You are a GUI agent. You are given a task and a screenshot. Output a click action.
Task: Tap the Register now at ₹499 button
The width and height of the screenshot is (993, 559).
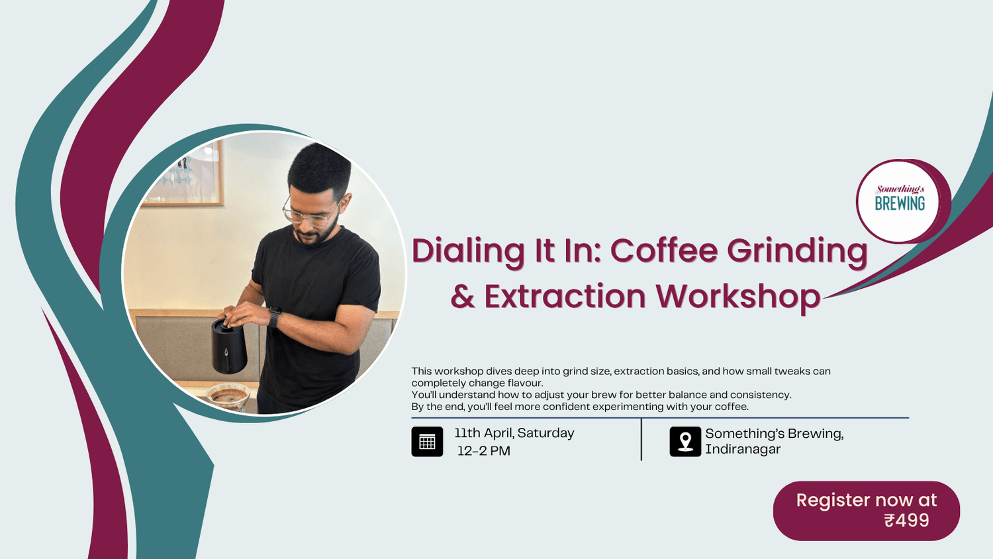tap(866, 511)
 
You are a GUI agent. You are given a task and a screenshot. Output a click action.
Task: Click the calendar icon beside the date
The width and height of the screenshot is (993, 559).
tap(427, 442)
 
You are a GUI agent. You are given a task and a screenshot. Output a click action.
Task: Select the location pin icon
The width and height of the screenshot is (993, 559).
tap(685, 442)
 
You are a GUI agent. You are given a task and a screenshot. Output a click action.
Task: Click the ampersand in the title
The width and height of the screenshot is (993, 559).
tap(463, 297)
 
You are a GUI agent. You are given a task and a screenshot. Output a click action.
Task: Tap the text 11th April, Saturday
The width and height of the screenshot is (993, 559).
tap(514, 433)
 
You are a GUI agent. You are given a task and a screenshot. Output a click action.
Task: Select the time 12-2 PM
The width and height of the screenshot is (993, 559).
tap(484, 451)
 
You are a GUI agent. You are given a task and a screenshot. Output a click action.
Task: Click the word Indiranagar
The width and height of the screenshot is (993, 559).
tap(742, 449)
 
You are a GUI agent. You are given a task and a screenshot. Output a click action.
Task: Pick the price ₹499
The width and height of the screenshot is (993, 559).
tap(906, 521)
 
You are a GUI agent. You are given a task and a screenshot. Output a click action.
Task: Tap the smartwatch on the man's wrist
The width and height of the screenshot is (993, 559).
tap(274, 317)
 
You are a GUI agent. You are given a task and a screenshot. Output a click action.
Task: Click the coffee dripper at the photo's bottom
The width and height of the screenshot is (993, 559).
tap(228, 397)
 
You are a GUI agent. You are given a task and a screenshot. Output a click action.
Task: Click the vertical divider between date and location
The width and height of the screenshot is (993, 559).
tap(641, 439)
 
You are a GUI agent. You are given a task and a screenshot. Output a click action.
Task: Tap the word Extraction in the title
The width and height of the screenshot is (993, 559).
tap(565, 296)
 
